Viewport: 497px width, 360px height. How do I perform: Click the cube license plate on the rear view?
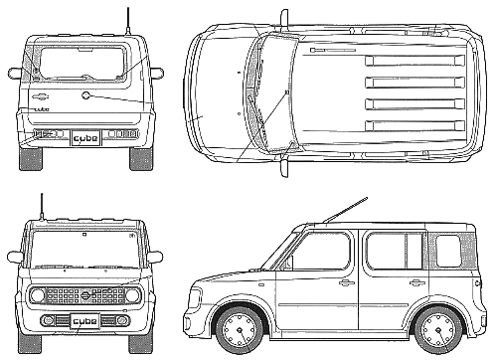point(85,138)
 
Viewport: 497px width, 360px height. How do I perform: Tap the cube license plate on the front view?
point(85,320)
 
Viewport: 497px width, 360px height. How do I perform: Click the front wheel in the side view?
point(240,329)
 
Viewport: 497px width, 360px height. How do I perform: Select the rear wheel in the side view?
point(438,329)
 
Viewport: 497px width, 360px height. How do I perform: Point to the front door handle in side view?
point(347,282)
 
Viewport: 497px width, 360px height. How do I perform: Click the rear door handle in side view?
point(417,282)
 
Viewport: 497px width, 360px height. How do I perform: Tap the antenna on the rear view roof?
point(128,21)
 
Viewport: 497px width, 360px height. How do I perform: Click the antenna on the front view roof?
point(42,207)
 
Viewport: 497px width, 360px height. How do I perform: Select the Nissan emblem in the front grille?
point(85,294)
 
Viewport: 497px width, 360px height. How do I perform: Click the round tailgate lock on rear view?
point(85,95)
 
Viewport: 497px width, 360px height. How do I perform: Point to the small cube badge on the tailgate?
point(42,109)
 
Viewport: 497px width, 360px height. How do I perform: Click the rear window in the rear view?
point(83,64)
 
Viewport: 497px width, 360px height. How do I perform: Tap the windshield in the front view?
point(85,249)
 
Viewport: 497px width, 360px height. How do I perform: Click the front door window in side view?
point(320,251)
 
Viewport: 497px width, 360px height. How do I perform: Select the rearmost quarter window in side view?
point(448,251)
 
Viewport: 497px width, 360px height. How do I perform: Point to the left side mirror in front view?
point(15,257)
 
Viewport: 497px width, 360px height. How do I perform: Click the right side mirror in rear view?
point(157,73)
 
